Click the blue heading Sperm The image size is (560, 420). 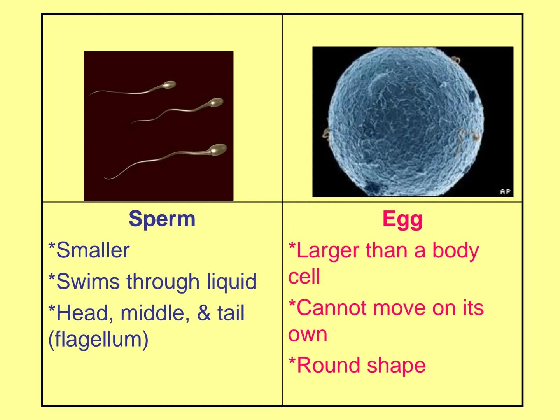coord(162,219)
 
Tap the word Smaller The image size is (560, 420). coord(93,250)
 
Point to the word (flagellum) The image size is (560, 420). coord(98,339)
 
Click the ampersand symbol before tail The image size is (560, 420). coord(204,313)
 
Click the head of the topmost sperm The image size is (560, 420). coord(169,85)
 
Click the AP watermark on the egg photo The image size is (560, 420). coord(505,192)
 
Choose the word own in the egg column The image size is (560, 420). coord(308,334)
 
